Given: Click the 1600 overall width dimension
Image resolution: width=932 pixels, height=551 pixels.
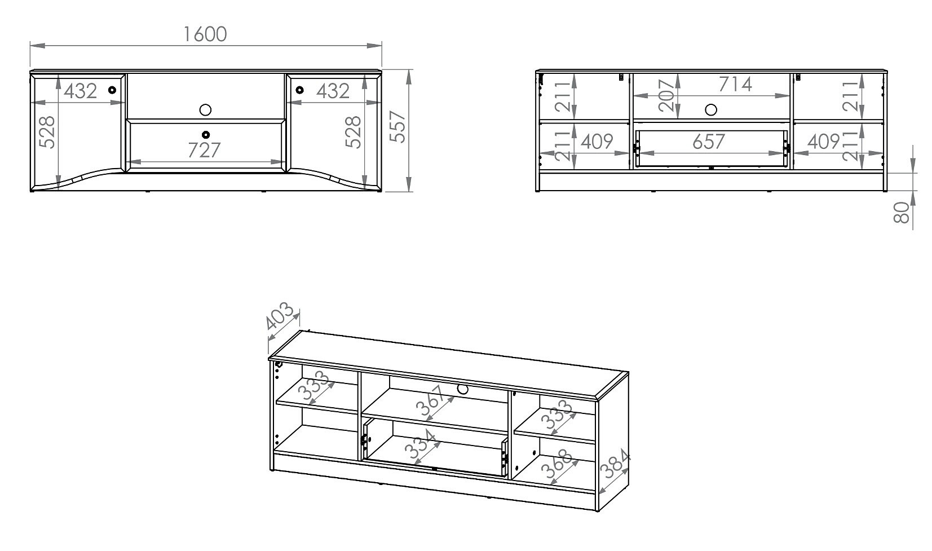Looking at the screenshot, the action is pos(205,34).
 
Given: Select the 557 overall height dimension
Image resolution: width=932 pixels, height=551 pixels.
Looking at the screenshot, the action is pos(397,126).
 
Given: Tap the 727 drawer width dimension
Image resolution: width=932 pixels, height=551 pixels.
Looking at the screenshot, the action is pos(204,150).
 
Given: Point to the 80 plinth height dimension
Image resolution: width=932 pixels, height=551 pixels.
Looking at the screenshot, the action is pos(902,213).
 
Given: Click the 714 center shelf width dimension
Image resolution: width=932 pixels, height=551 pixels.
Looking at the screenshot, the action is pos(735,85).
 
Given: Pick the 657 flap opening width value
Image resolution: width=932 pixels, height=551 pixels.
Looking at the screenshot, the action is pos(709,142).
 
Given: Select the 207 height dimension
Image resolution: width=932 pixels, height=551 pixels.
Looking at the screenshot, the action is pos(666,95).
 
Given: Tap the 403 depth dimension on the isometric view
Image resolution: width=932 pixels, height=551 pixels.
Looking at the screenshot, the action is pos(280,316).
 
